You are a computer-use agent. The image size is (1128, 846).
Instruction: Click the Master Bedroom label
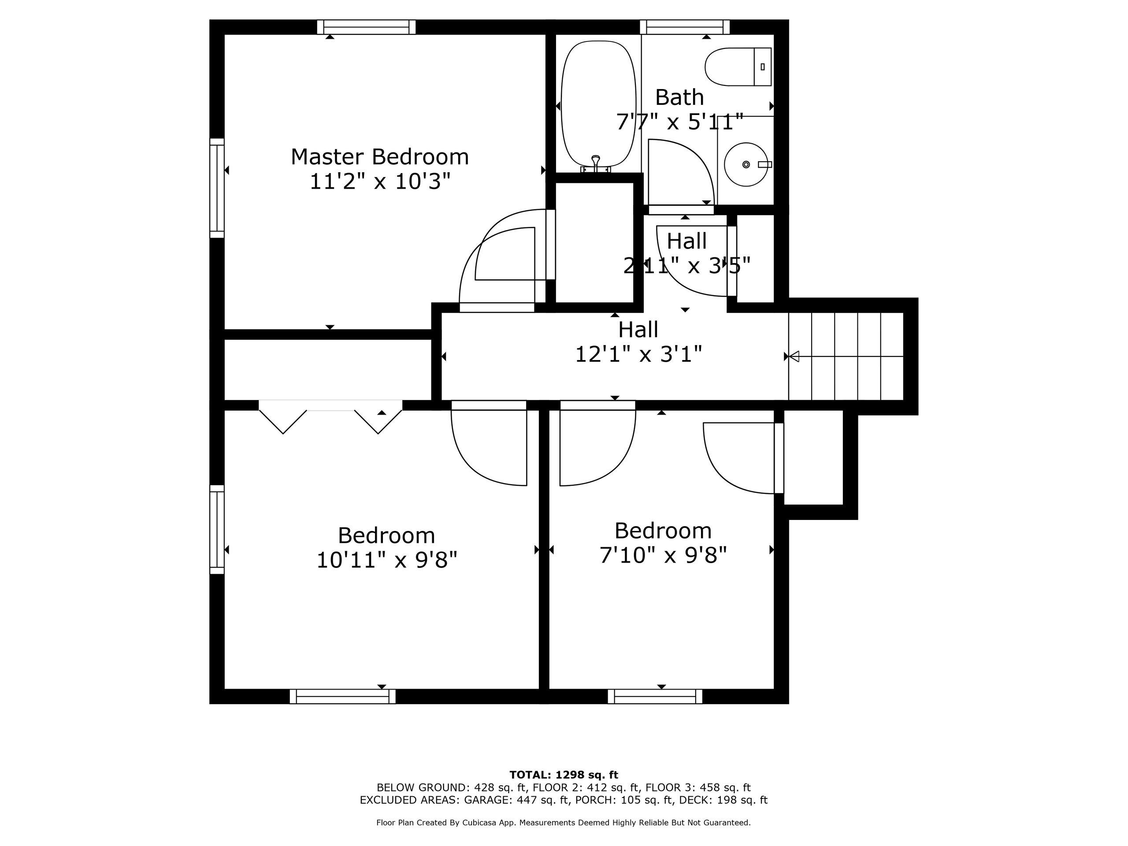pyautogui.click(x=379, y=156)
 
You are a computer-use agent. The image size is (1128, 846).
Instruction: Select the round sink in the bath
pyautogui.click(x=746, y=164)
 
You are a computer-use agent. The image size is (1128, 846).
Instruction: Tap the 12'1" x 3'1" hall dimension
pyautogui.click(x=638, y=354)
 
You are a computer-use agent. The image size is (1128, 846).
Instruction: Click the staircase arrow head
pyautogui.click(x=794, y=356)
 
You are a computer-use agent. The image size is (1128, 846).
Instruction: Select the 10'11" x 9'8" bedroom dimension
pyautogui.click(x=386, y=560)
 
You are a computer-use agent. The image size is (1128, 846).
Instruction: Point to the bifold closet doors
pyautogui.click(x=330, y=417)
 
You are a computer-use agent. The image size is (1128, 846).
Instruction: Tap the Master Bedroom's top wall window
pyautogui.click(x=366, y=27)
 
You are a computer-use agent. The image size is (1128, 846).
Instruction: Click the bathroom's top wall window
pyautogui.click(x=685, y=27)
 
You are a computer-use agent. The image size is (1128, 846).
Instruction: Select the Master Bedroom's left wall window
pyautogui.click(x=217, y=188)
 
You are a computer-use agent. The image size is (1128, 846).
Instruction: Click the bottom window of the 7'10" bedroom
pyautogui.click(x=655, y=696)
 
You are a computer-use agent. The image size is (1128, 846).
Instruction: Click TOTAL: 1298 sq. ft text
pyautogui.click(x=564, y=775)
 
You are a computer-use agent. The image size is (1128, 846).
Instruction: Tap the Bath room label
pyautogui.click(x=679, y=97)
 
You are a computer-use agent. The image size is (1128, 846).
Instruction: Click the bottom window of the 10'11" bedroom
pyautogui.click(x=343, y=696)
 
